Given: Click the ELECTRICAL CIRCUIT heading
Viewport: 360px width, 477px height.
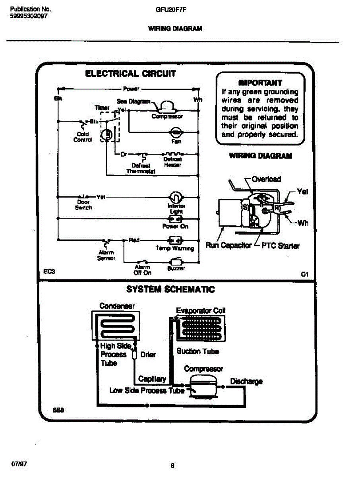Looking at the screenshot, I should [131, 74].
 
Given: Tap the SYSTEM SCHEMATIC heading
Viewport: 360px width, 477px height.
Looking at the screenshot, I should [170, 289].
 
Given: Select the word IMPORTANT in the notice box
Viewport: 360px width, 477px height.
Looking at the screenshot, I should [260, 83].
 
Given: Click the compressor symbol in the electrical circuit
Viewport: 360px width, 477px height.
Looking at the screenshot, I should [167, 106].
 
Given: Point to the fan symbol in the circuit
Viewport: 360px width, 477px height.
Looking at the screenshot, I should [175, 132].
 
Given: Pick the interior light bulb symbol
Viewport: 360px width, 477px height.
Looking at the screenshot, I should [175, 196].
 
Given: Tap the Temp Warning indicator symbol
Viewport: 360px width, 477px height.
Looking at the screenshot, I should [175, 240].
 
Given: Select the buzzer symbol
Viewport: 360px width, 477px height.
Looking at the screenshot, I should [176, 262].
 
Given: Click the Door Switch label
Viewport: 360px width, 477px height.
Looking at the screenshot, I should [83, 205].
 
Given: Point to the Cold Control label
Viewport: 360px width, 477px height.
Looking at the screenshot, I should [83, 137].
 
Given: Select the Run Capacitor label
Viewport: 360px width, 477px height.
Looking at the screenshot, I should [228, 246].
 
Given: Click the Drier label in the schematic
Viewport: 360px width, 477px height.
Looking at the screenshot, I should [148, 355].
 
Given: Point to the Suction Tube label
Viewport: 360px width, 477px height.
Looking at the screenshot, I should [197, 351].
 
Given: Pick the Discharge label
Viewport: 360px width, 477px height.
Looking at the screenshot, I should [246, 381].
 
